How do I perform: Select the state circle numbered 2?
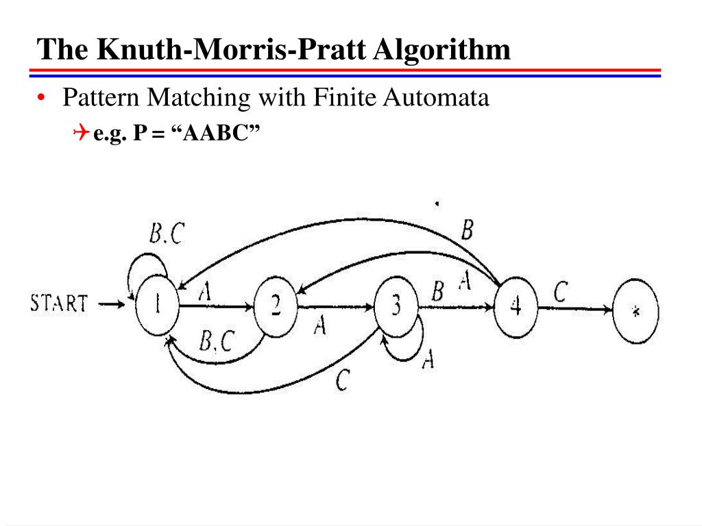point(276,308)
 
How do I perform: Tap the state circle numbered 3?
point(396,308)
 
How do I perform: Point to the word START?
point(60,303)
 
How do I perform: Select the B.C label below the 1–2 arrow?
point(217,340)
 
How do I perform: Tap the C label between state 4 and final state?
point(560,292)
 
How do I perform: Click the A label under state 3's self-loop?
point(428,359)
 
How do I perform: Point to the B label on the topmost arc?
point(467,230)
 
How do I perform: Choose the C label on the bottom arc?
point(343,381)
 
